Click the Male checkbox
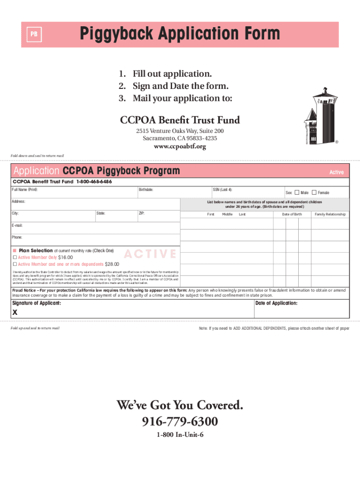[x=296, y=193]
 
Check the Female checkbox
[x=314, y=193]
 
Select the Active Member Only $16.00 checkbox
[x=14, y=257]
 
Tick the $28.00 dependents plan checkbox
[x=14, y=264]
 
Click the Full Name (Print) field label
[x=25, y=190]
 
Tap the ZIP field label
[x=142, y=213]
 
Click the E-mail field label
[x=17, y=225]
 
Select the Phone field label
[x=17, y=237]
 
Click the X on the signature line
[x=15, y=313]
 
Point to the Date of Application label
[x=276, y=303]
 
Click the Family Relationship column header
[x=330, y=214]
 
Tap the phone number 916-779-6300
[x=180, y=422]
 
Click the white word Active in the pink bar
[x=336, y=172]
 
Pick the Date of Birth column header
[x=292, y=214]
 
